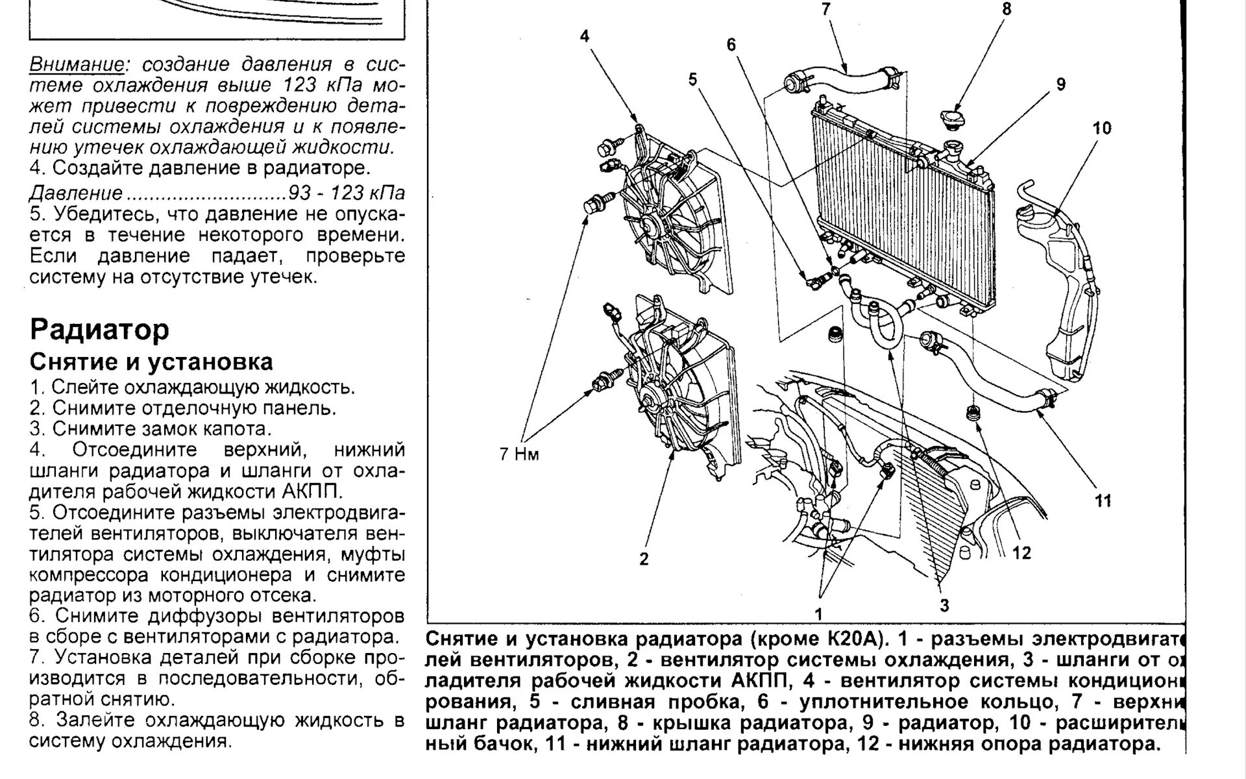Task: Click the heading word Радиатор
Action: [x=99, y=330]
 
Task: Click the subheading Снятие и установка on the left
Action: [x=151, y=362]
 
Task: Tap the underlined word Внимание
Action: [x=77, y=65]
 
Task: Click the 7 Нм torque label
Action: [x=519, y=454]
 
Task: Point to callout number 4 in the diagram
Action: [x=585, y=36]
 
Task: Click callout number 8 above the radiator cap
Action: [x=1007, y=9]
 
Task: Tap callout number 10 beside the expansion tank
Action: [x=1102, y=128]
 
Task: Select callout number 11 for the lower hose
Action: [x=1103, y=501]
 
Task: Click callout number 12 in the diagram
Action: [x=1021, y=552]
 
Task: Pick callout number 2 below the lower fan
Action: [x=644, y=559]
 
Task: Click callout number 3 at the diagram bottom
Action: [x=944, y=605]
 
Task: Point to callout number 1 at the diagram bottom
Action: [x=819, y=614]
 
